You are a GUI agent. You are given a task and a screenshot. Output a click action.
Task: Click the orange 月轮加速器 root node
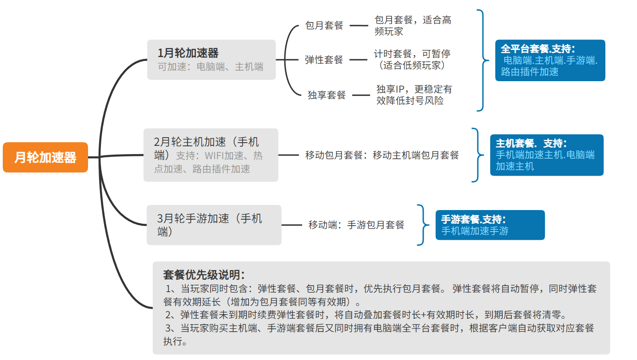pyautogui.click(x=45, y=157)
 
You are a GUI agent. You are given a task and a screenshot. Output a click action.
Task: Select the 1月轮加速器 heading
pyautogui.click(x=188, y=53)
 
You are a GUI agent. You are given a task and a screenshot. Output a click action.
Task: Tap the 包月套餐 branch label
pyautogui.click(x=324, y=26)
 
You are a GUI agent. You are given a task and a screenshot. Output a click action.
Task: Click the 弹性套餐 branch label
pyautogui.click(x=324, y=60)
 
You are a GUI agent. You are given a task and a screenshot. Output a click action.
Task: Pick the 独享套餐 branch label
pyautogui.click(x=327, y=95)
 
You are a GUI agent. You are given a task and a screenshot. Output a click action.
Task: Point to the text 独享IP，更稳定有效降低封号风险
pyautogui.click(x=414, y=94)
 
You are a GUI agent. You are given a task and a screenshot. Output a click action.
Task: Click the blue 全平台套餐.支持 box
pyautogui.click(x=550, y=60)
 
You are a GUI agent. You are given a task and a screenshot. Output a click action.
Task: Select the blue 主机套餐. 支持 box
pyautogui.click(x=547, y=155)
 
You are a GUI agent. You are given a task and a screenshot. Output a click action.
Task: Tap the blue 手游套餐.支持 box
pyautogui.click(x=490, y=225)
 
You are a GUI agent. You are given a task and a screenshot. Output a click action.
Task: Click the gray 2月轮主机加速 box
pyautogui.click(x=210, y=155)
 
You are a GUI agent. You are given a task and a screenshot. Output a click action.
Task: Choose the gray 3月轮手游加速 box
pyautogui.click(x=214, y=225)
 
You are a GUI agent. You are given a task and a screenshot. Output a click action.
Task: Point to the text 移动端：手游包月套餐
pyautogui.click(x=356, y=225)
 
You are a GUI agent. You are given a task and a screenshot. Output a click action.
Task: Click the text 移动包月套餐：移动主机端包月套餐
pyautogui.click(x=382, y=155)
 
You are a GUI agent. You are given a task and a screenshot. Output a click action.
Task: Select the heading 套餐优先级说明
pyautogui.click(x=204, y=275)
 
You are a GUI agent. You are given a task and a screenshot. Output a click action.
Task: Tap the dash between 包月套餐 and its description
pyautogui.click(x=359, y=26)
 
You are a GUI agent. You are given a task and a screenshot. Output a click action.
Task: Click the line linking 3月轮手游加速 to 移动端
pyautogui.click(x=292, y=225)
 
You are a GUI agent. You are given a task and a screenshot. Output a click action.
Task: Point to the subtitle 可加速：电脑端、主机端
pyautogui.click(x=210, y=67)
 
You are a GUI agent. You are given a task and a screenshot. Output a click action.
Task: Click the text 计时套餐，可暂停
pyautogui.click(x=412, y=54)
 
